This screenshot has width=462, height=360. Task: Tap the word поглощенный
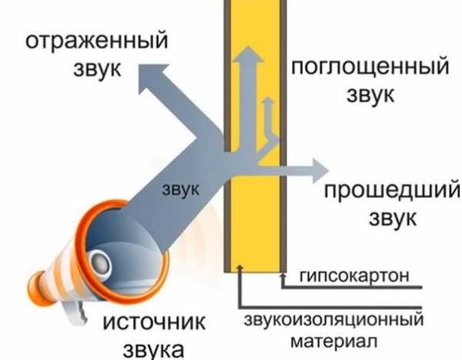370,67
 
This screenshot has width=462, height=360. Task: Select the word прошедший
391,190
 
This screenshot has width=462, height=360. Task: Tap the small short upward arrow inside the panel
268,103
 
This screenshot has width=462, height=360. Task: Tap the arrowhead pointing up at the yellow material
241,267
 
